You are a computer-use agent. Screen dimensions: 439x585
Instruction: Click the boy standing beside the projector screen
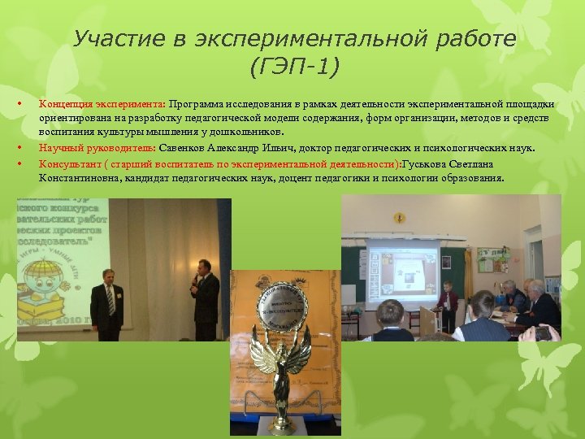pyautogui.click(x=446, y=305)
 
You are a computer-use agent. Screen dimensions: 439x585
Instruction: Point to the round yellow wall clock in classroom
pyautogui.click(x=399, y=218)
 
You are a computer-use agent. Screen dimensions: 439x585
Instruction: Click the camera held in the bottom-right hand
pyautogui.click(x=543, y=333)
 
